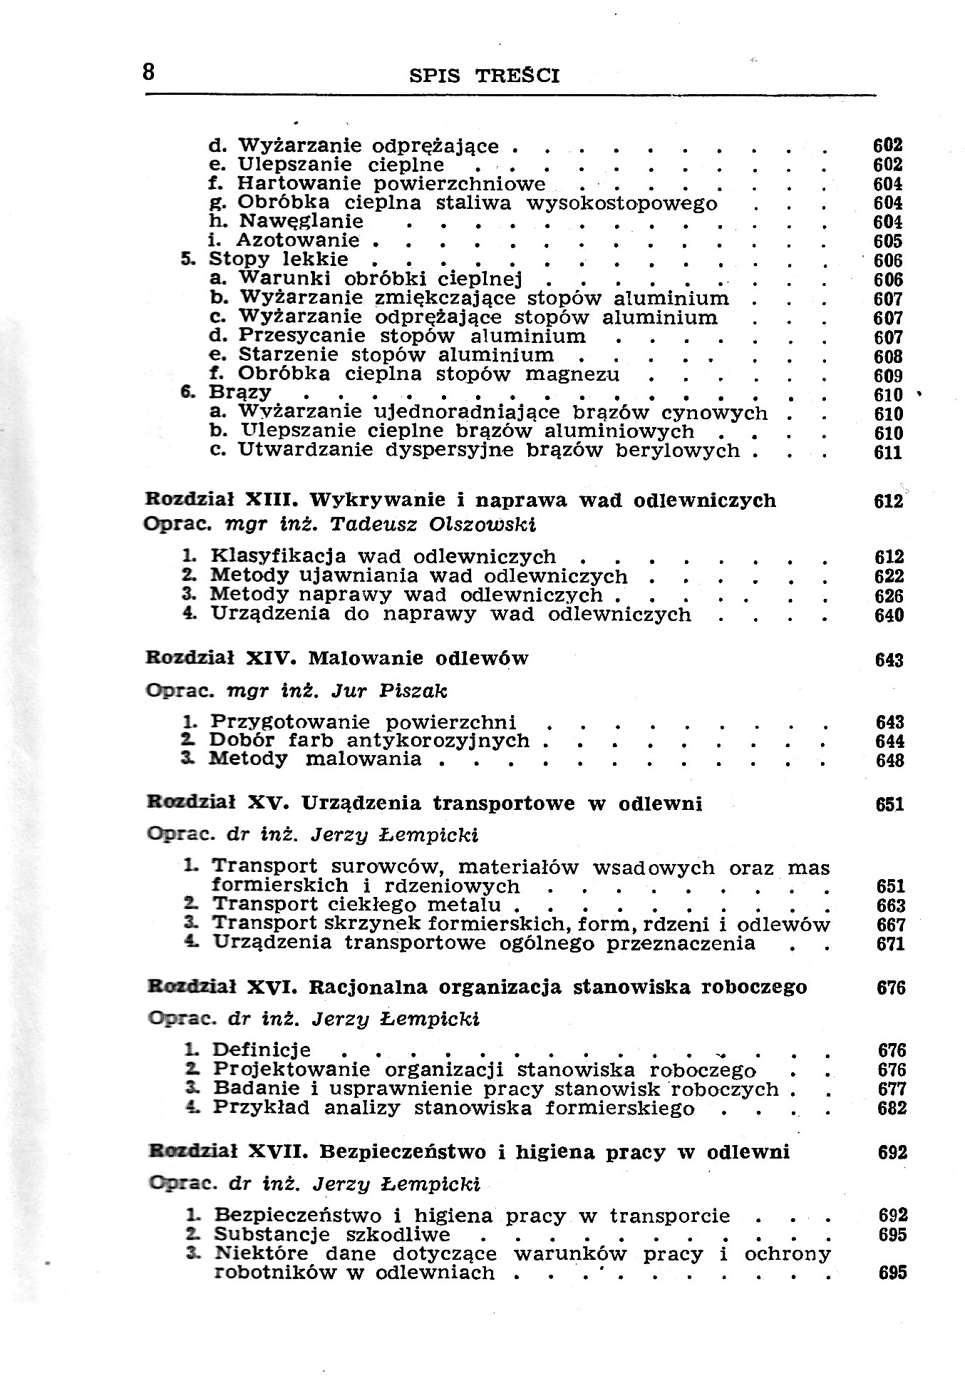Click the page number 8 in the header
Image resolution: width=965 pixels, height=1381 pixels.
coord(149,72)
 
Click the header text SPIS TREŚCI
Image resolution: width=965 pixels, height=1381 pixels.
coord(485,76)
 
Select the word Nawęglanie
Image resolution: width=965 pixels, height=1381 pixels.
coord(301,222)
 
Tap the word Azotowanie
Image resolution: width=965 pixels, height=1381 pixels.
coord(298,240)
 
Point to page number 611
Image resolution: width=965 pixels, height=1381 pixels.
coord(888,453)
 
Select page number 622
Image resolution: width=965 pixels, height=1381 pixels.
coord(889,576)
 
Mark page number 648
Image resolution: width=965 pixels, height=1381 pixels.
coord(889,761)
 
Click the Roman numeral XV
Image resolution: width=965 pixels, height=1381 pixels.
coord(267,804)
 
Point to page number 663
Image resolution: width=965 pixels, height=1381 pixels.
coord(890,906)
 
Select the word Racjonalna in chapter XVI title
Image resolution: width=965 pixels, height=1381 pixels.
coord(368,987)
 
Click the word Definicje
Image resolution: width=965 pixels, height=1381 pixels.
coord(262,1050)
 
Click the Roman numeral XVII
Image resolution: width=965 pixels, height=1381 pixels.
coord(277,1152)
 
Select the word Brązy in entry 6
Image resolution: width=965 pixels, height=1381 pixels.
coord(240,392)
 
